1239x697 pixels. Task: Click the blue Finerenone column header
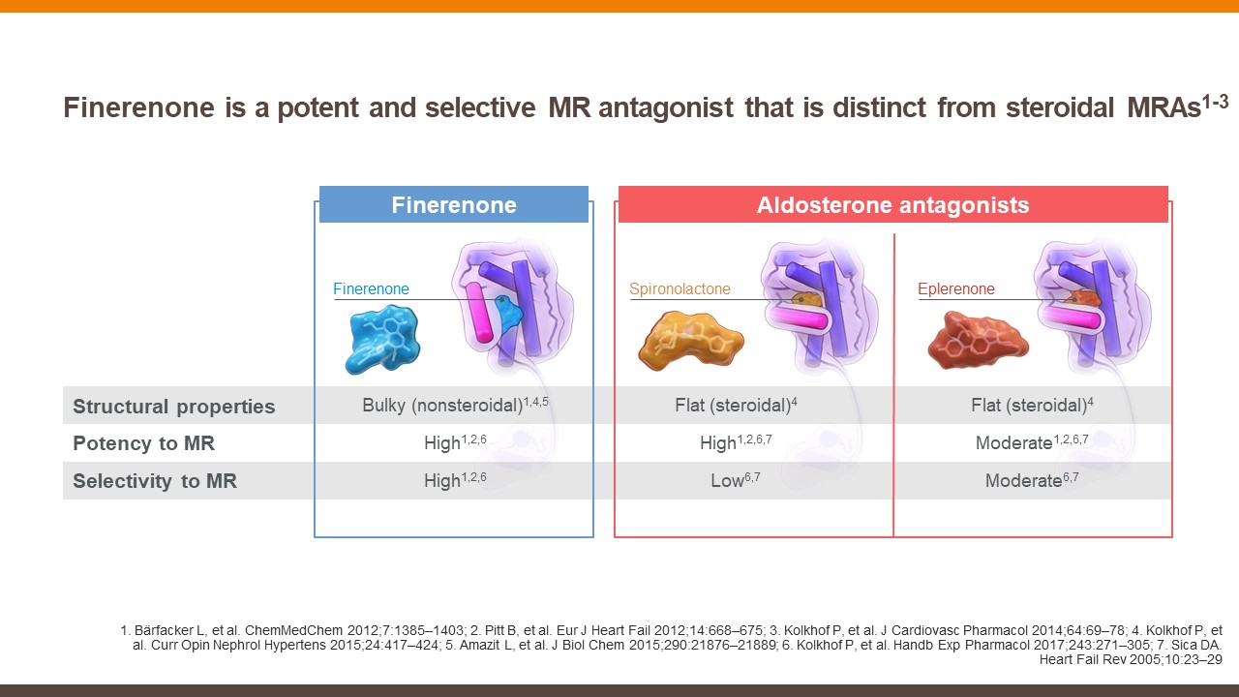tap(454, 204)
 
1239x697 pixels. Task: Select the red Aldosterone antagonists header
tap(892, 204)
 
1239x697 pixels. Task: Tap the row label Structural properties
tap(173, 407)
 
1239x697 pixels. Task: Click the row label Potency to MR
tap(144, 443)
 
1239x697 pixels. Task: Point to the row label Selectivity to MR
tap(155, 481)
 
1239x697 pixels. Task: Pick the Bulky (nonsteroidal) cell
tap(455, 405)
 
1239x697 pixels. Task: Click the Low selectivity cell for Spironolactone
tap(735, 479)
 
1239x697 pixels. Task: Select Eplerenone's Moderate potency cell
tap(1032, 442)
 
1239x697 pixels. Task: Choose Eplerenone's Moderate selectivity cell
tap(1032, 479)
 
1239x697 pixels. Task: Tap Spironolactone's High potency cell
tap(736, 442)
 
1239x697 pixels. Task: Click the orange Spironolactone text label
tap(680, 288)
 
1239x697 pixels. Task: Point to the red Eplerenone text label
tap(955, 288)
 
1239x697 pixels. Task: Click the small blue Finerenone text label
tap(371, 288)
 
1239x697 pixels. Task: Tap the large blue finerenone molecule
tap(382, 339)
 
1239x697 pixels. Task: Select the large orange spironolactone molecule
tap(690, 339)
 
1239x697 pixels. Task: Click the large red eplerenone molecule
tap(978, 340)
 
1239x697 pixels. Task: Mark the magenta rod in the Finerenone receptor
tap(478, 312)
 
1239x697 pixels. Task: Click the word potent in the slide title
tap(318, 107)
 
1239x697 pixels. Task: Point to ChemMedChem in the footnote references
tap(293, 630)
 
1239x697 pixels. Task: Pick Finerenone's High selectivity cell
tap(455, 479)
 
